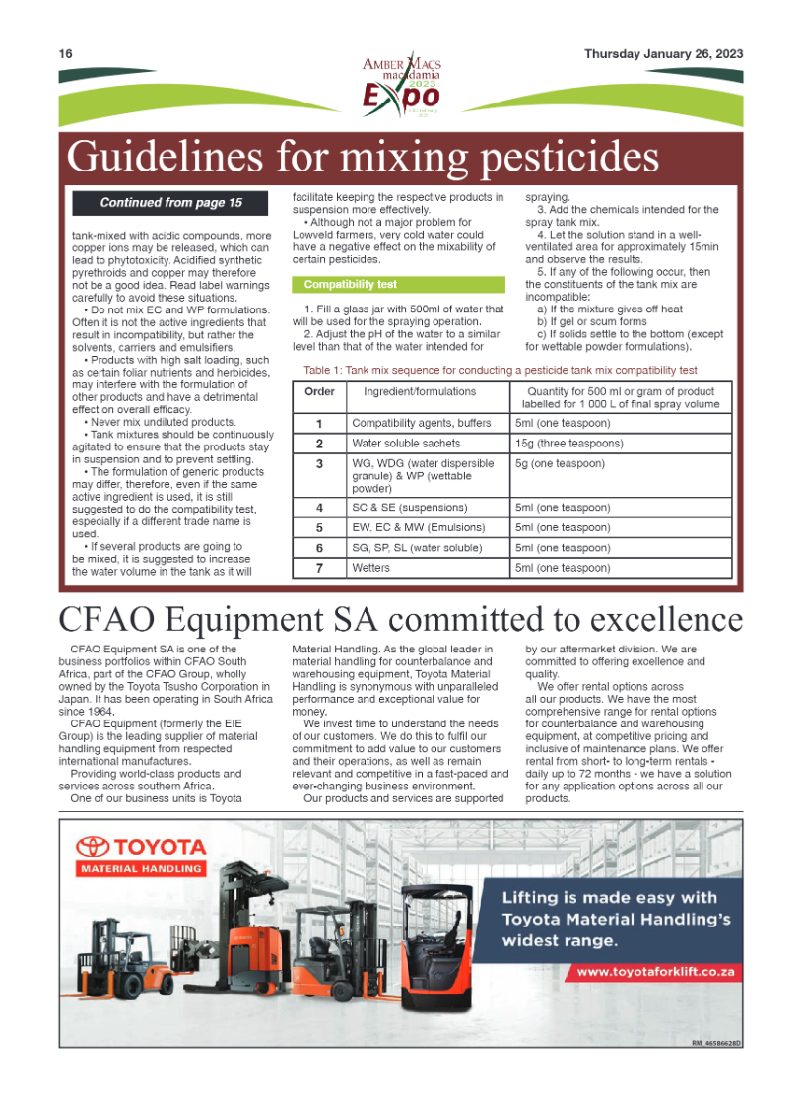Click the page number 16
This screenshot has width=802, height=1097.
pos(66,54)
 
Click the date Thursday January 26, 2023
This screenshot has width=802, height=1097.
pos(663,54)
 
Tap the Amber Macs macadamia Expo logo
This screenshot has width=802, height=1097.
pos(401,87)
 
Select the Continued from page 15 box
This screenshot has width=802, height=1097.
pos(170,203)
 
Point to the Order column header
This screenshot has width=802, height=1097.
pos(319,391)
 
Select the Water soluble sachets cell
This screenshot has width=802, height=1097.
pos(406,444)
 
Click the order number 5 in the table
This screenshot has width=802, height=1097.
pos(319,527)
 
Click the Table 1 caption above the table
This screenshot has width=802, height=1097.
pos(501,371)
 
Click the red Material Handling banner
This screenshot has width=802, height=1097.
pos(141,869)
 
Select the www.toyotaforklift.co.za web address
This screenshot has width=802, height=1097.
pos(656,972)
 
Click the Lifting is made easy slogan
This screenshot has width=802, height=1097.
pos(609,919)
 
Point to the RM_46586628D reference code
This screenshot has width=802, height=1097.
pos(716,1042)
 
